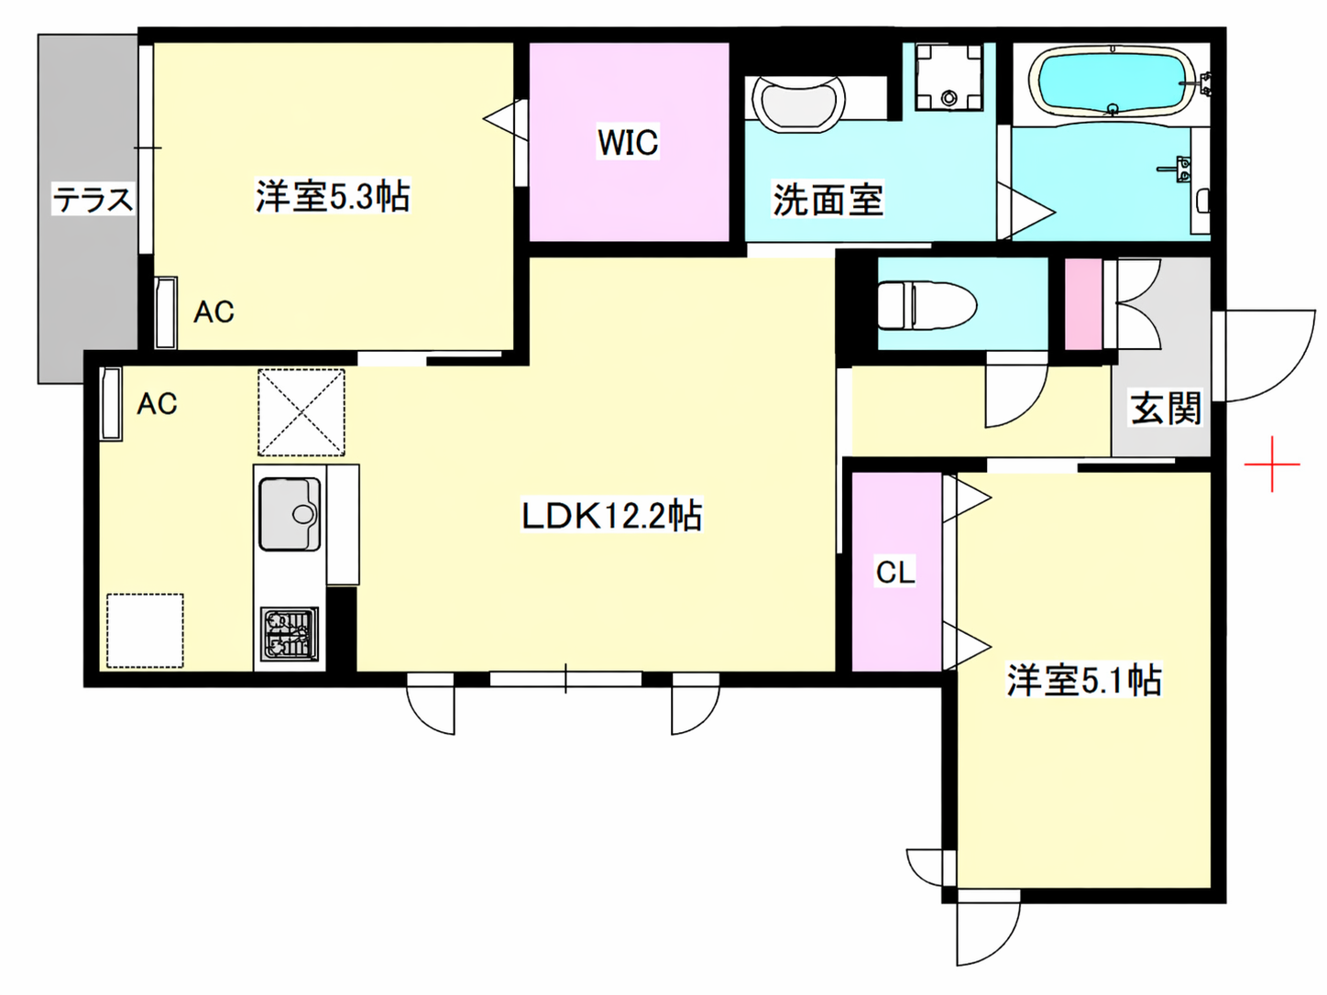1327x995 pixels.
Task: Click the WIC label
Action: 628,142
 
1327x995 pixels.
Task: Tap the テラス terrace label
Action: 93,199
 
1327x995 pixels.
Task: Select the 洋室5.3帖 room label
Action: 333,196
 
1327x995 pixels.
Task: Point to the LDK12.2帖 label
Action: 612,515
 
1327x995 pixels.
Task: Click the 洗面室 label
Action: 828,199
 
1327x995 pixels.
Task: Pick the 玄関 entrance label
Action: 1166,409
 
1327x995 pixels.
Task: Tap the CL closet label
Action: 895,571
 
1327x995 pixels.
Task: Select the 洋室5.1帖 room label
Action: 1083,680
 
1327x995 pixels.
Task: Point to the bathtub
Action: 1113,82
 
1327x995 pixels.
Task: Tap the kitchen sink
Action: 291,514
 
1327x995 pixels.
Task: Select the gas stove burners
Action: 290,634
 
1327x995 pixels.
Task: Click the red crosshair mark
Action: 1272,464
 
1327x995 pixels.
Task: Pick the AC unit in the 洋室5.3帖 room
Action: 166,313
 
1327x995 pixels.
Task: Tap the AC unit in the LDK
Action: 111,403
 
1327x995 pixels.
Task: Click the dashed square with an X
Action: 302,412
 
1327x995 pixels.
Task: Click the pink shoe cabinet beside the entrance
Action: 1082,304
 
